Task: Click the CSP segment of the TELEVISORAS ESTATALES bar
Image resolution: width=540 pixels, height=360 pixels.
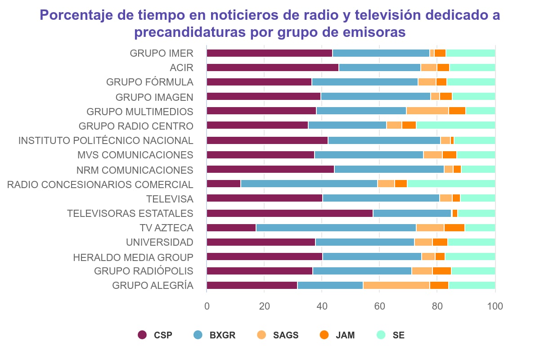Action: [289, 213]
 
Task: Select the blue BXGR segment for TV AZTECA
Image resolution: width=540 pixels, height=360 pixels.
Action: [336, 228]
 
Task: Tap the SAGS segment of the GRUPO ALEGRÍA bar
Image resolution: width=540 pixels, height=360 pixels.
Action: [396, 285]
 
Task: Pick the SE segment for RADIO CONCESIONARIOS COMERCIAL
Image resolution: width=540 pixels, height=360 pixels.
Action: [451, 184]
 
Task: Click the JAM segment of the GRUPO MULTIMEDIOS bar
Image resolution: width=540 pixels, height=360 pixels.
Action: [457, 111]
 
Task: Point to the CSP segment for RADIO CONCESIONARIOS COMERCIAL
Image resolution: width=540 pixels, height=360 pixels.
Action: [224, 184]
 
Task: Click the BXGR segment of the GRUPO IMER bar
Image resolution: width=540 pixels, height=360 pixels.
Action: [381, 53]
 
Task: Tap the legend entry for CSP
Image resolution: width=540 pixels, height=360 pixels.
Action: [155, 335]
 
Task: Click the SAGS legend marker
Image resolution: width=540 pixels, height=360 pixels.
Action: [262, 335]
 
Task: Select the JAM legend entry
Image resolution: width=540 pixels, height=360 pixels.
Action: [337, 335]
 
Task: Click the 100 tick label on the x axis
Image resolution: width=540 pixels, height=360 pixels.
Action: [495, 306]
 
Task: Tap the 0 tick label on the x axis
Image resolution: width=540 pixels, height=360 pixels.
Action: [207, 306]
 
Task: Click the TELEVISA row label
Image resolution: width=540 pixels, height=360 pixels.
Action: [170, 199]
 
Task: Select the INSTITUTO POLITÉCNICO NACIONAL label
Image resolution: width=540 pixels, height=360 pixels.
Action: [106, 140]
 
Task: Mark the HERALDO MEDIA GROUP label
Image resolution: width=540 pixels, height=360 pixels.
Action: [133, 257]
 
